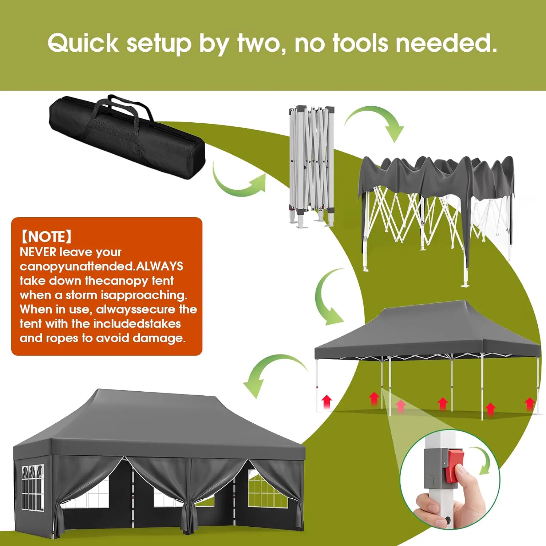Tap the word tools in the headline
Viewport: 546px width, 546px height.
361,43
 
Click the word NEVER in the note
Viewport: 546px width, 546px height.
38,252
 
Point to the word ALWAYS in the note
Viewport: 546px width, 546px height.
159,266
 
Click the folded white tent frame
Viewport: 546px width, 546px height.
312,167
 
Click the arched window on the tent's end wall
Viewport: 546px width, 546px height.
32,488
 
